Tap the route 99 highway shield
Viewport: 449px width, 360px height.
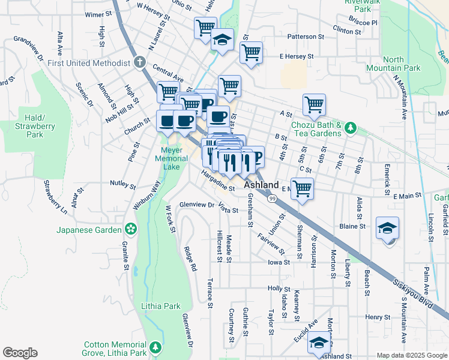pos(273,198)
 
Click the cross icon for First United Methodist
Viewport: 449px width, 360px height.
pos(139,62)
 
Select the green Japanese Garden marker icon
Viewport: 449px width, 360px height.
pos(130,229)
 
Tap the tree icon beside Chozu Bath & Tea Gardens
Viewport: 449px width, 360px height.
pos(353,128)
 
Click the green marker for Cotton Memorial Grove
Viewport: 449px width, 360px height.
pos(155,347)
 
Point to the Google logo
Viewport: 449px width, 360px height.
pos(20,353)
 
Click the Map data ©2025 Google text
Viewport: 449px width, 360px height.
pos(412,355)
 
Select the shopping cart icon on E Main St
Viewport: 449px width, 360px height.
pos(303,189)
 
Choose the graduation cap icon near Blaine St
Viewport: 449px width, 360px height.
pos(387,229)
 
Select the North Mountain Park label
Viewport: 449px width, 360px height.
pos(402,64)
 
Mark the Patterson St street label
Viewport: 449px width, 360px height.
pos(306,37)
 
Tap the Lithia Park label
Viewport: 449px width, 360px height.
pos(160,306)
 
